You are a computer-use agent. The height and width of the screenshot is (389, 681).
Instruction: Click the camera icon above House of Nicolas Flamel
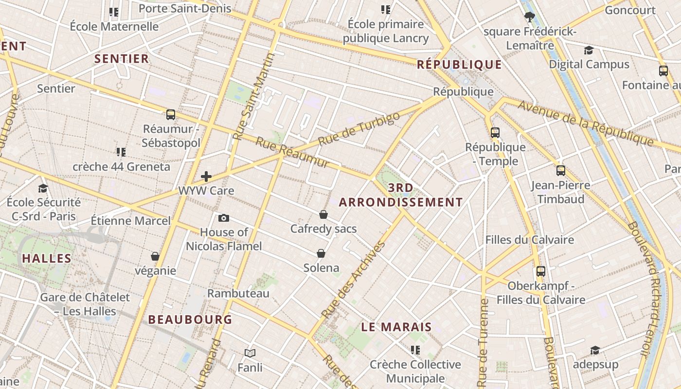pos(224,218)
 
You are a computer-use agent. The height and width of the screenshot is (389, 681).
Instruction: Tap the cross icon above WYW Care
pos(206,176)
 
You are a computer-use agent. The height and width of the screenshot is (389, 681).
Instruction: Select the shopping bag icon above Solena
pos(321,253)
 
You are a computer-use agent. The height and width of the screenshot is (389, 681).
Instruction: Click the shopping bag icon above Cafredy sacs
pos(323,214)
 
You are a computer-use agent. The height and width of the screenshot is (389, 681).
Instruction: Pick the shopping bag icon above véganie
pos(155,256)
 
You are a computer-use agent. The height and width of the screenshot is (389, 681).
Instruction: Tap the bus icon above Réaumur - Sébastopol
pos(171,115)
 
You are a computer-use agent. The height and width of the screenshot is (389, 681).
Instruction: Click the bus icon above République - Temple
pos(495,132)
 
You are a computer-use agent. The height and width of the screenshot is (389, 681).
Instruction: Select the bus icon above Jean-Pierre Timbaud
pos(561,171)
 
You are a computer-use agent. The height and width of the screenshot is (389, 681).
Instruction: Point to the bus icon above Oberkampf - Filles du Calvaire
pos(541,271)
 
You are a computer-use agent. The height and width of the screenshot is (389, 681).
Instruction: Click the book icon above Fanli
pos(250,353)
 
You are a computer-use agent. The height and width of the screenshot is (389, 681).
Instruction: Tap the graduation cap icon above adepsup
pos(595,350)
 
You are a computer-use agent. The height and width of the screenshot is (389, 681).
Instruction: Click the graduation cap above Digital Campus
pos(589,50)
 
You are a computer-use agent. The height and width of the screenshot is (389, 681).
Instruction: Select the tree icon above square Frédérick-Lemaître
pos(530,18)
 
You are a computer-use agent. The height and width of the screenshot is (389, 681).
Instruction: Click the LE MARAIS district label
pos(396,327)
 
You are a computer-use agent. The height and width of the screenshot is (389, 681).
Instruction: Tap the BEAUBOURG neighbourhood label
pos(190,319)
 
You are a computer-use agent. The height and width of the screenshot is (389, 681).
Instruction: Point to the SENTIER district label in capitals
pos(122,59)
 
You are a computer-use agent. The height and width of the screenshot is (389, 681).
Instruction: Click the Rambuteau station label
pos(238,293)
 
